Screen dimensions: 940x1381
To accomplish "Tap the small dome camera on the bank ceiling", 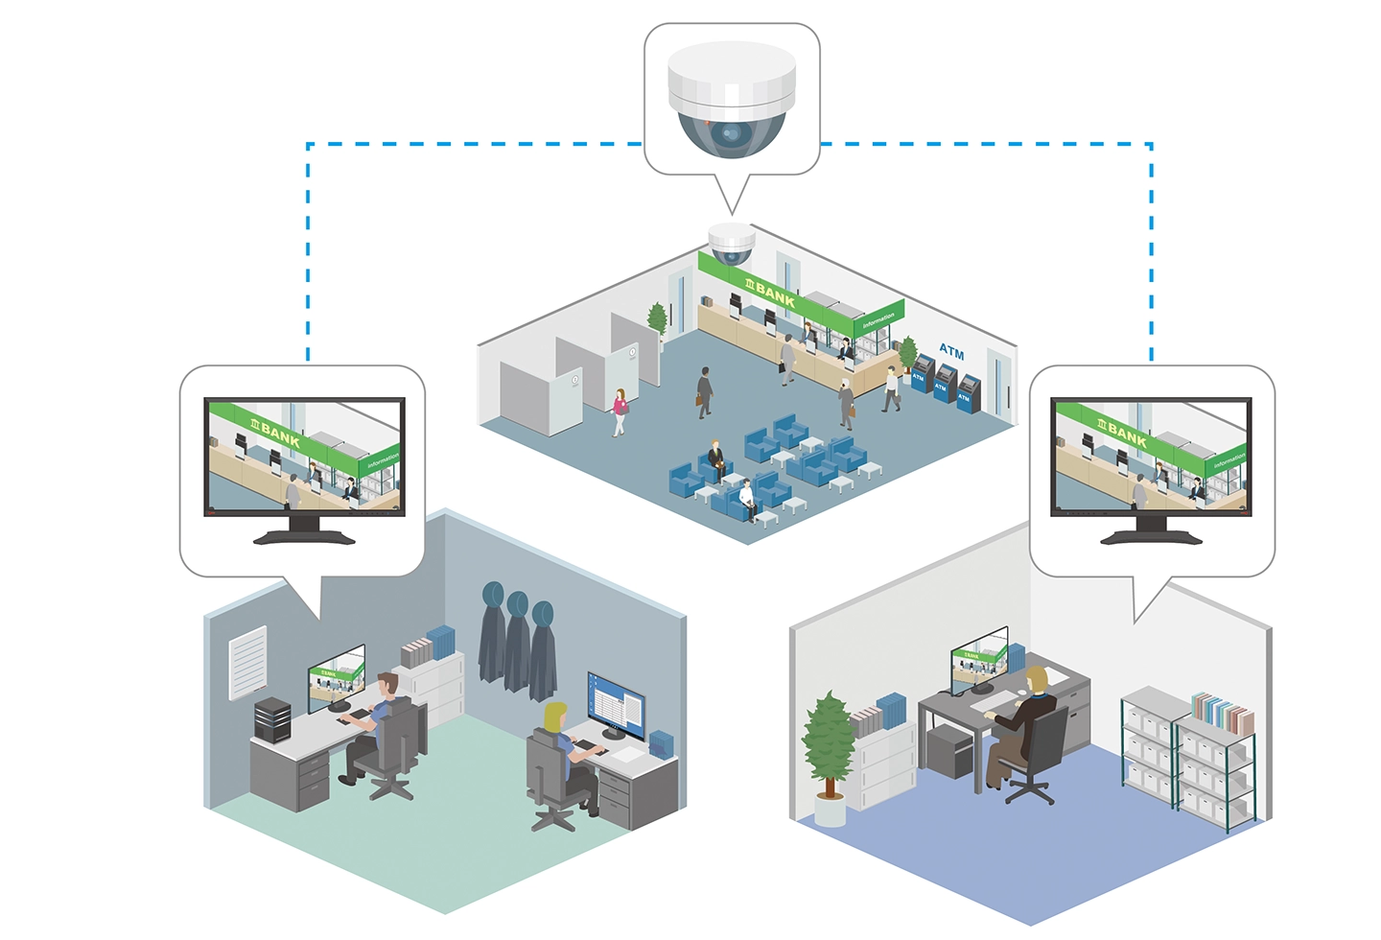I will tap(731, 244).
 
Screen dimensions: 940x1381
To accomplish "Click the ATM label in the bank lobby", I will tap(951, 351).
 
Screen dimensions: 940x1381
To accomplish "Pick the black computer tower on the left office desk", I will tap(272, 718).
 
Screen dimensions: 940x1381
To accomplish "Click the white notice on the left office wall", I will tap(247, 662).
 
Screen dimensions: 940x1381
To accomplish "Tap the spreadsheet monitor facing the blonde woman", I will tap(615, 706).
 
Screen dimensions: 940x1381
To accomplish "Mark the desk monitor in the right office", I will tap(978, 658).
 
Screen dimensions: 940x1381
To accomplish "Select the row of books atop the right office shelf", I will tap(1222, 713).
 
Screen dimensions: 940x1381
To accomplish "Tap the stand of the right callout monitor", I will tap(1151, 529).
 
